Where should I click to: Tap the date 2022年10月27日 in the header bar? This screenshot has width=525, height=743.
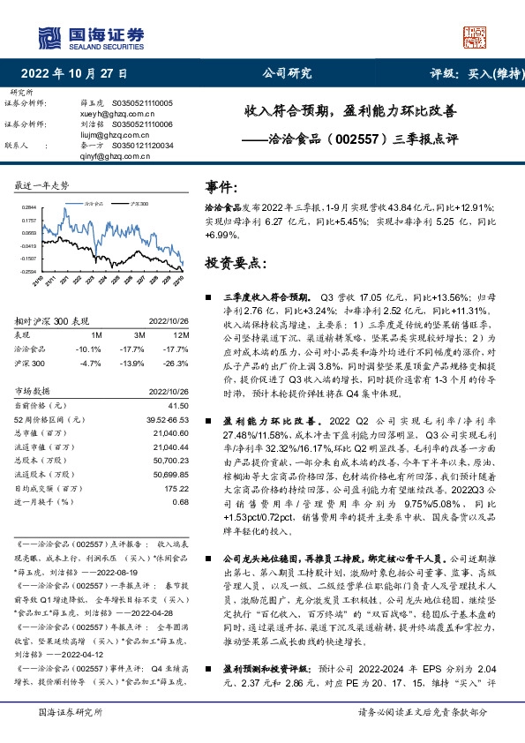(x=73, y=73)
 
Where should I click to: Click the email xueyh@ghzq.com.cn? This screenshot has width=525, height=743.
(x=108, y=114)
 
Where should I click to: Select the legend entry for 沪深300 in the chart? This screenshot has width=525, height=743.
(x=138, y=203)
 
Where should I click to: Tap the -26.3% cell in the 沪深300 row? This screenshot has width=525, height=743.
(x=177, y=363)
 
